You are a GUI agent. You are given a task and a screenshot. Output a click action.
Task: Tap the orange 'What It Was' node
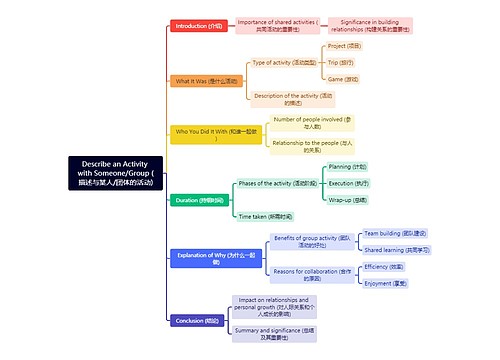point(207,80)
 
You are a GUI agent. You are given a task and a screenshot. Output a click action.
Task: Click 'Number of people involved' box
point(311,123)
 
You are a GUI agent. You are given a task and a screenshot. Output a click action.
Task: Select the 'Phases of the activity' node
point(277,184)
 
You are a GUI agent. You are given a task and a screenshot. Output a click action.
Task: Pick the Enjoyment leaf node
point(384,283)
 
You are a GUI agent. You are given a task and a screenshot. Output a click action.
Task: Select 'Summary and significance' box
point(273,333)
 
